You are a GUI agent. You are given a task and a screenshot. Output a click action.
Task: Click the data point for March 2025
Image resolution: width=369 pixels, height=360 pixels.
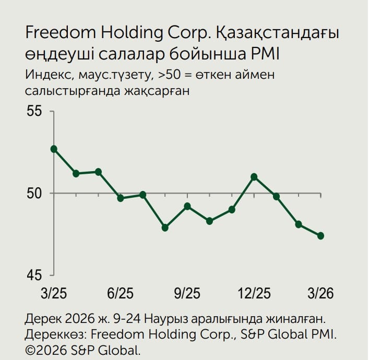54,149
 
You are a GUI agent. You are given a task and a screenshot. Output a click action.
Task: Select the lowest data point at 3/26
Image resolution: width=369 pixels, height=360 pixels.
320,236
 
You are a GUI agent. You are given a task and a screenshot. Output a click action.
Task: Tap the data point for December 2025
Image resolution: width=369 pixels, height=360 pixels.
254,177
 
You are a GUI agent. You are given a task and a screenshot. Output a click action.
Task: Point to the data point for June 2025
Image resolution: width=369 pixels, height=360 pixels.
121,198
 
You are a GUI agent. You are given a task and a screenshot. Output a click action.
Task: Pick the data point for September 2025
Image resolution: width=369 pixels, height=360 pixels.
187,206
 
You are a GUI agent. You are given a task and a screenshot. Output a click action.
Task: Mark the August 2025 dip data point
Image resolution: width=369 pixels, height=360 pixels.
165,227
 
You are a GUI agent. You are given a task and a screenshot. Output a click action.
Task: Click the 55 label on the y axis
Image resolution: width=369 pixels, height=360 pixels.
35,111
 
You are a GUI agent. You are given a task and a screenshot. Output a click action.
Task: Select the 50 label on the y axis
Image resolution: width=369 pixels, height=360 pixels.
35,194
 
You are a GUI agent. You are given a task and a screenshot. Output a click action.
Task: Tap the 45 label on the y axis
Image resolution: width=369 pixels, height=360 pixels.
35,275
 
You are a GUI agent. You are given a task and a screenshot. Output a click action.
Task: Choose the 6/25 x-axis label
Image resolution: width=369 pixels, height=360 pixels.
120,293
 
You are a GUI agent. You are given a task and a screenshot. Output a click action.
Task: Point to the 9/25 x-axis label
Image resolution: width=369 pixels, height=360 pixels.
187,293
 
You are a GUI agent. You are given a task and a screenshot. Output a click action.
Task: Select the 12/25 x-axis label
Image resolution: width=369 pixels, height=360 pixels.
254,293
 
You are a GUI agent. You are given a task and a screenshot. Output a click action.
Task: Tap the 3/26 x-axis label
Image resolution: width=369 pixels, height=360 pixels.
321,293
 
